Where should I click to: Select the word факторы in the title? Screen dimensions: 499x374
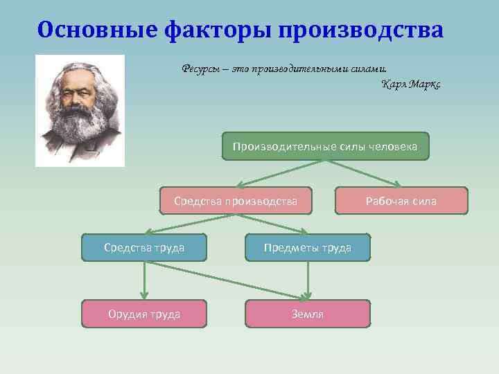click(x=216, y=30)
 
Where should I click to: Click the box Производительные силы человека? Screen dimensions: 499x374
click(x=325, y=146)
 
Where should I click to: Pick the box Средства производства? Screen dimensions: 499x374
click(x=236, y=201)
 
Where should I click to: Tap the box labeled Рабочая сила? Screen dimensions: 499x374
click(x=401, y=201)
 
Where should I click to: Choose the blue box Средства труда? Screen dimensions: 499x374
click(x=144, y=247)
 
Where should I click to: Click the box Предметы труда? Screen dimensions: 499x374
click(x=307, y=247)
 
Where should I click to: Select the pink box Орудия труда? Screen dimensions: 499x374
click(x=144, y=314)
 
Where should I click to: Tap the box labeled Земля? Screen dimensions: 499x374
click(x=307, y=314)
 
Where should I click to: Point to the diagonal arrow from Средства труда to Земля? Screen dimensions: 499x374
click(x=229, y=280)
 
